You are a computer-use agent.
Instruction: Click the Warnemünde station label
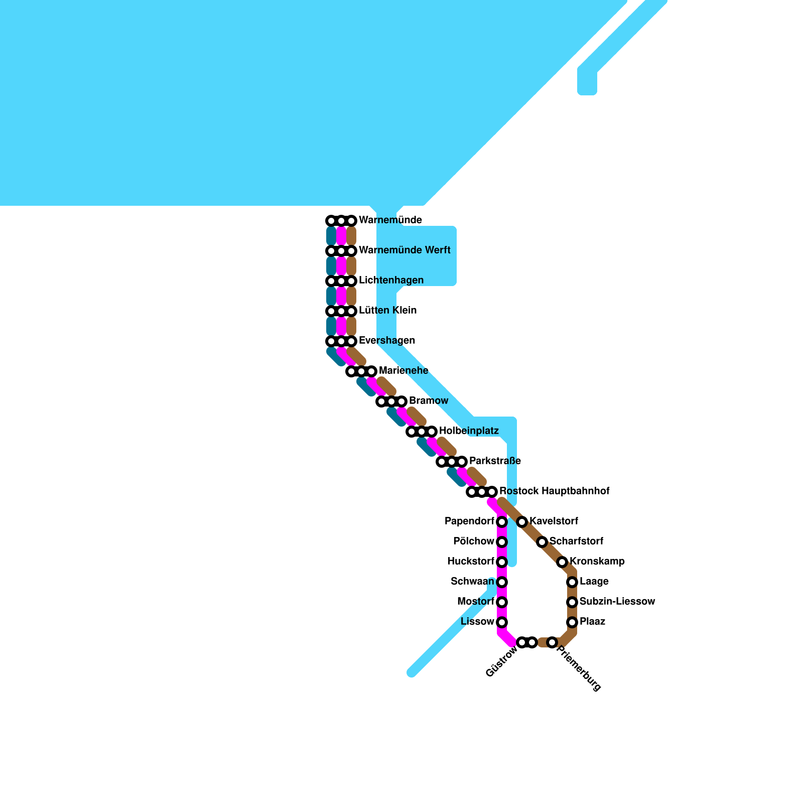coord(390,220)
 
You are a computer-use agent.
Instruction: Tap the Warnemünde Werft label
coord(405,250)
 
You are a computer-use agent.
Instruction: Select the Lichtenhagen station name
coord(391,281)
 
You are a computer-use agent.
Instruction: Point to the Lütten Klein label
coord(387,311)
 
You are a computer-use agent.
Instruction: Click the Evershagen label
coord(387,341)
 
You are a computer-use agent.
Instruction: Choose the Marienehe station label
coord(404,371)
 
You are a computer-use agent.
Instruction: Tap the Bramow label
coord(428,401)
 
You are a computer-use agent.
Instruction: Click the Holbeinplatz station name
coord(469,431)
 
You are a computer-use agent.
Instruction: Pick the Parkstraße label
coord(495,461)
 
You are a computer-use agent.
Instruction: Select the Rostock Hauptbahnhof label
coord(554,491)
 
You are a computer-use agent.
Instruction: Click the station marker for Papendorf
coord(502,522)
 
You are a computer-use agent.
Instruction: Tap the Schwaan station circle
coord(502,582)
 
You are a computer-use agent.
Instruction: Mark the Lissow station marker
coord(502,622)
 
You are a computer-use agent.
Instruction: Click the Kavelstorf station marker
coord(522,522)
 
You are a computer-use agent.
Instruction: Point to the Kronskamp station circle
coord(562,562)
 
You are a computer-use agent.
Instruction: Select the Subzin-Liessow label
coord(617,602)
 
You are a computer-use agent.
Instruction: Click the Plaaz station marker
coord(572,622)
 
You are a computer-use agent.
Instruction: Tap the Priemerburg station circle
coord(552,642)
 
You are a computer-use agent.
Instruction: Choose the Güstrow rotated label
coord(501,661)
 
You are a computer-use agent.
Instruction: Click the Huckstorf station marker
coord(502,562)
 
